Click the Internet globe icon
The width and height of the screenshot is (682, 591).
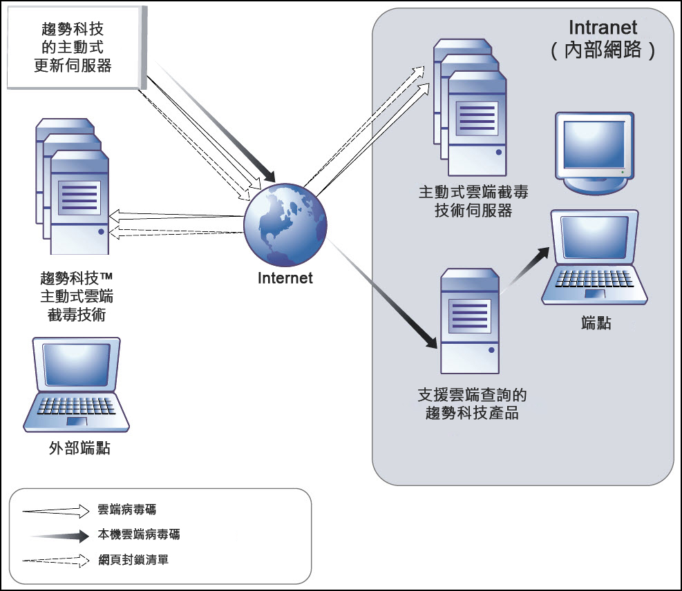tap(285, 225)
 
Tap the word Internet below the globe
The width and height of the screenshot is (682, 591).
tap(285, 278)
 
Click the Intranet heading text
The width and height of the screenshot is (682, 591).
tap(603, 28)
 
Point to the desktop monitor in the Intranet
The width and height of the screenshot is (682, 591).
tap(595, 152)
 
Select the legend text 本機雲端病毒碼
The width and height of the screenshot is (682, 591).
tap(139, 535)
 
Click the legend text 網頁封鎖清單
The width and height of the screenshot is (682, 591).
tap(133, 560)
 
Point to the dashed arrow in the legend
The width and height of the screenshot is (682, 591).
tap(56, 560)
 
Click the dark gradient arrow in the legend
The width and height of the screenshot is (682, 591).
tap(56, 535)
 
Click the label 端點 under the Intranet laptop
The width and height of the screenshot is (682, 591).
tap(596, 322)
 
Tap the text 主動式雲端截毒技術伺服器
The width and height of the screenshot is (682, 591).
tap(473, 201)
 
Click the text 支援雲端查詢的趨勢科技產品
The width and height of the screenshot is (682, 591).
tap(473, 404)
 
